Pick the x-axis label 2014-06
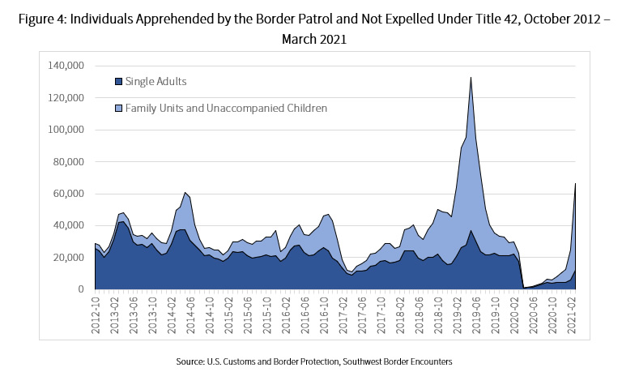pyautogui.click(x=191, y=311)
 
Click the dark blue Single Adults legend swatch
pyautogui.click(x=118, y=81)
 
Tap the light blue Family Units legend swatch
pyautogui.click(x=118, y=107)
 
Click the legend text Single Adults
pyautogui.click(x=155, y=81)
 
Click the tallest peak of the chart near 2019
pyautogui.click(x=471, y=78)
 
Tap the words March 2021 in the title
pyautogui.click(x=311, y=38)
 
